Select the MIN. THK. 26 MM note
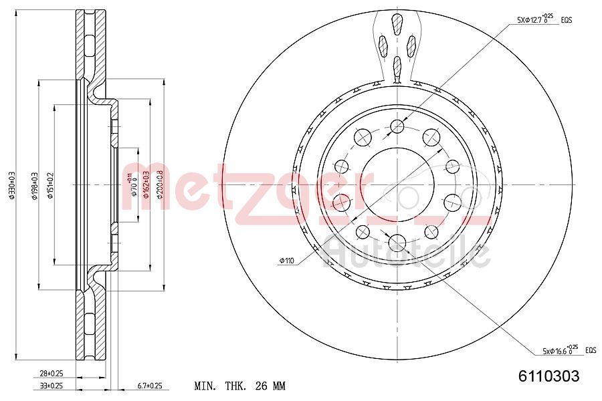(239, 386)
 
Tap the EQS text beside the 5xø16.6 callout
(590, 350)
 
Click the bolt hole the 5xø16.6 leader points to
(398, 243)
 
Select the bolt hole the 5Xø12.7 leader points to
(398, 126)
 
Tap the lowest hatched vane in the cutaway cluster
(397, 65)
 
